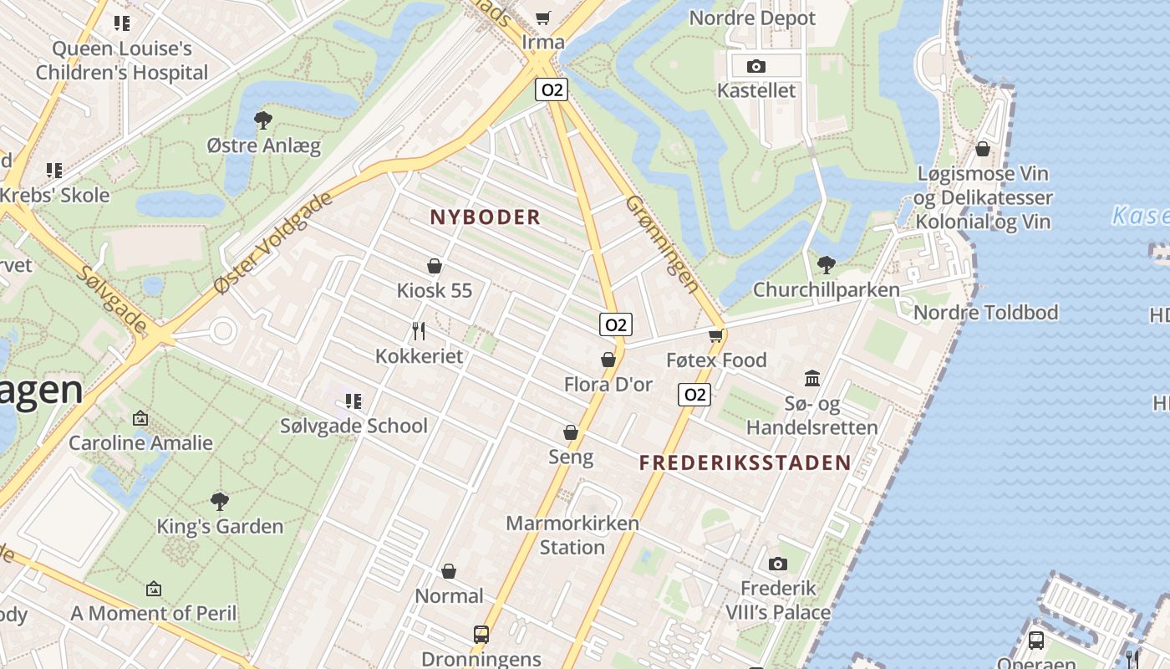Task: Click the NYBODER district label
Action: tap(485, 217)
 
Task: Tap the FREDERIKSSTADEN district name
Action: tap(745, 462)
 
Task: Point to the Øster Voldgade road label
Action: tap(273, 243)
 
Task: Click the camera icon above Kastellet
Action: tap(755, 66)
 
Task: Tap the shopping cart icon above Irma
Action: tap(543, 18)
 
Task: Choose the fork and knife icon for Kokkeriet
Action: tap(419, 331)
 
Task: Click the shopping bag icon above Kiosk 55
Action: tap(435, 266)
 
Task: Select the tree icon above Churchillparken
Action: tap(826, 264)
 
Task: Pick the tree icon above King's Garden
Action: tap(220, 501)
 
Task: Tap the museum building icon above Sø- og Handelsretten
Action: tap(812, 378)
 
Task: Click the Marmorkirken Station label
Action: tap(572, 535)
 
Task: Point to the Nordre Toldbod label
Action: tap(986, 313)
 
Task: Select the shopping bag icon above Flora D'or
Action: tap(608, 360)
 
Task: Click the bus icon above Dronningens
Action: tap(481, 634)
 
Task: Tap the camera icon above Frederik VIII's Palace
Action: tap(777, 564)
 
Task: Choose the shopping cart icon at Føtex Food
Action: tap(715, 335)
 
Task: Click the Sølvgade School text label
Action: tap(354, 426)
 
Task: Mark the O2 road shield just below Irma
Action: tap(552, 89)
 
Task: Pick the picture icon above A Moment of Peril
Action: tap(153, 589)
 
